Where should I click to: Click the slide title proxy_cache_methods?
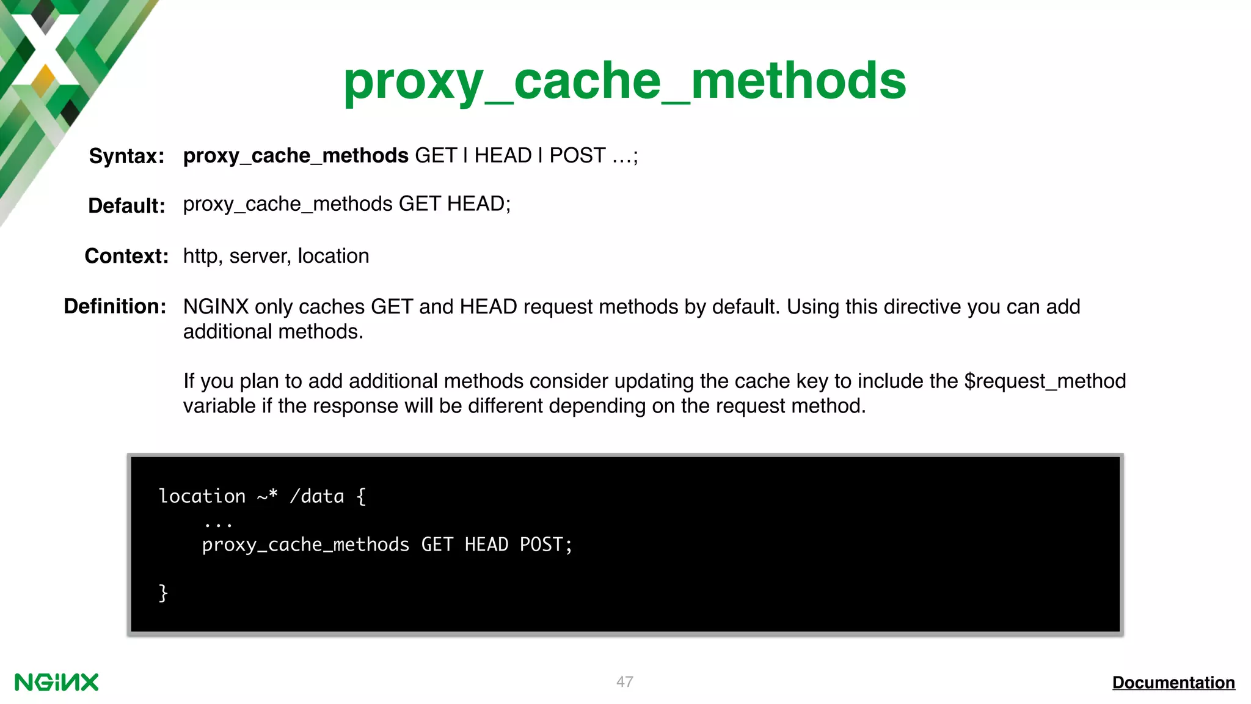click(x=624, y=81)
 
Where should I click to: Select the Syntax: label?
click(x=126, y=156)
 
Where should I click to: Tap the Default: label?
click(x=126, y=206)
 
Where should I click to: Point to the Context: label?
click(x=126, y=256)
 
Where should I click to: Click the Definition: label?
click(x=115, y=306)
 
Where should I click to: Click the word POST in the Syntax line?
click(x=577, y=156)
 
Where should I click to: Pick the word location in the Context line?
click(x=333, y=256)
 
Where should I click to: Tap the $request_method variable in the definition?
click(x=1045, y=381)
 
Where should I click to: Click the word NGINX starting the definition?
click(x=216, y=307)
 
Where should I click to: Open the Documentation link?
click(x=1173, y=683)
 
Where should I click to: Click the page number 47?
click(x=624, y=682)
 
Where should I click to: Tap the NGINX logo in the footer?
click(x=56, y=683)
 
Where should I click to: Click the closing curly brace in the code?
click(x=163, y=593)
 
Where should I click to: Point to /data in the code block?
click(x=316, y=496)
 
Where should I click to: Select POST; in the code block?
click(x=545, y=544)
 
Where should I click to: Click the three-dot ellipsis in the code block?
click(x=218, y=524)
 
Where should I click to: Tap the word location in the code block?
click(x=202, y=496)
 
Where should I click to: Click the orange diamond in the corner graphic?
click(x=43, y=79)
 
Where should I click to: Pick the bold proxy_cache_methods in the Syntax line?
click(x=296, y=156)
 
